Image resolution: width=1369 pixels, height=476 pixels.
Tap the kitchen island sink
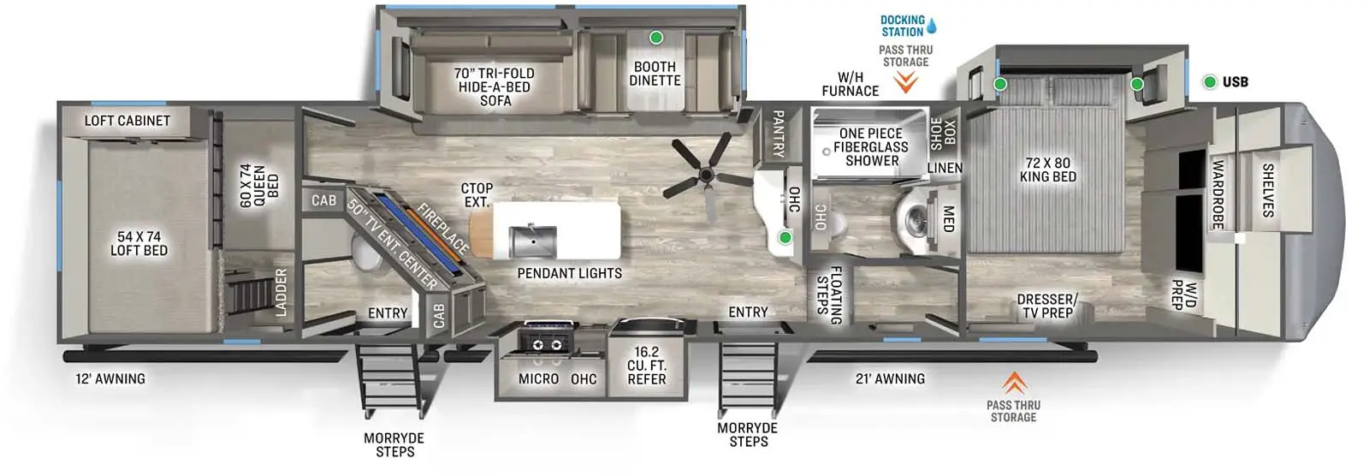[532, 241]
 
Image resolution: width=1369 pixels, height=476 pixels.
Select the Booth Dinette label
[655, 74]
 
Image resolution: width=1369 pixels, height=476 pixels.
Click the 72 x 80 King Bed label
[1047, 170]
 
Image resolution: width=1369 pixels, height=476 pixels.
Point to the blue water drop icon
[932, 26]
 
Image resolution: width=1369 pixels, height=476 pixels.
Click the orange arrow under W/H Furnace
[905, 82]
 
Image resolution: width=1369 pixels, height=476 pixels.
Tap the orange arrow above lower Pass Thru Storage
[1014, 383]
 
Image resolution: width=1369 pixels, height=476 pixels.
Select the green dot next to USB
[1210, 82]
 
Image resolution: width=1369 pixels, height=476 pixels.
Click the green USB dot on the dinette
[656, 38]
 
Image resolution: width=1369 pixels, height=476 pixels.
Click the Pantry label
[778, 134]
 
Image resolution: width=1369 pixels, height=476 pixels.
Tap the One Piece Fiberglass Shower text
[871, 146]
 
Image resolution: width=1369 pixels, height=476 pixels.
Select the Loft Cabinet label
[127, 121]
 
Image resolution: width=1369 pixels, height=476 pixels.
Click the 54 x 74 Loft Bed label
[139, 243]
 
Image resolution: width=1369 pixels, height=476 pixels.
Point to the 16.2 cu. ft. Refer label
[647, 366]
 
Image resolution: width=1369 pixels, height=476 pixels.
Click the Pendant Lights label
[569, 273]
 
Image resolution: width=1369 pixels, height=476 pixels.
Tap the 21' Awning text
[890, 378]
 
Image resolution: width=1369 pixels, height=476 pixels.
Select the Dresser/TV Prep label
[1046, 306]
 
